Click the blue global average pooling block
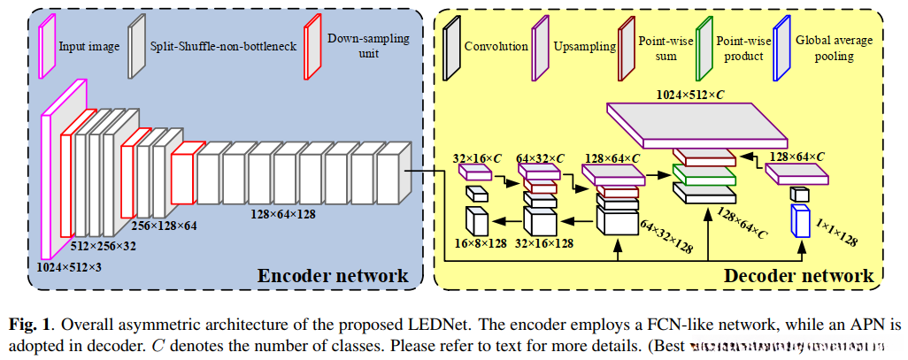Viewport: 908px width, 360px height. (x=800, y=221)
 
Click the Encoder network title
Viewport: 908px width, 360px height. (x=333, y=276)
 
